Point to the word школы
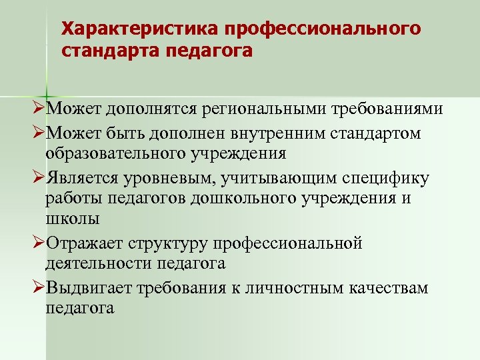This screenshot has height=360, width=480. pyautogui.click(x=73, y=219)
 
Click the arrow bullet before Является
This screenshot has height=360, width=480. pyautogui.click(x=38, y=179)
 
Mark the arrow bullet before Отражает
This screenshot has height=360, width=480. pyautogui.click(x=38, y=243)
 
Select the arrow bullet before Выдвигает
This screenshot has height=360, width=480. pyautogui.click(x=38, y=288)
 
